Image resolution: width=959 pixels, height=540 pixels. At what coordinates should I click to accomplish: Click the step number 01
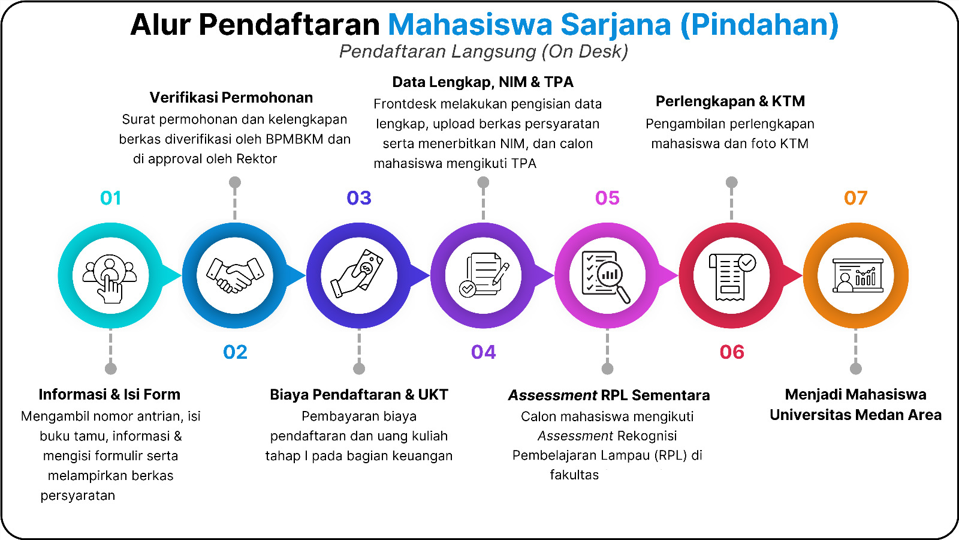click(x=110, y=198)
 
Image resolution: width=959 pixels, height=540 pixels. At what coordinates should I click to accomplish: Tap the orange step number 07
click(x=855, y=198)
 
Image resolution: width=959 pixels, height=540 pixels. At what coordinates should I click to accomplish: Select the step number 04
click(x=483, y=352)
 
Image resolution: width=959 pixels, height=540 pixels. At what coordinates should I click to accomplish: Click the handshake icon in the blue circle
click(x=235, y=275)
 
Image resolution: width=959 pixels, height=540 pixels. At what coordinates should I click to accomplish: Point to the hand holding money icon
click(x=357, y=274)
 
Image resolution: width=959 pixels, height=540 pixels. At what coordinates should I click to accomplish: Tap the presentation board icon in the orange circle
click(x=858, y=275)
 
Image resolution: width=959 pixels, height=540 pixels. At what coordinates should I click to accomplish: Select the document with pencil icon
click(x=484, y=274)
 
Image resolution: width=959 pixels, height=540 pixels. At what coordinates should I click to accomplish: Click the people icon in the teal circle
click(x=110, y=278)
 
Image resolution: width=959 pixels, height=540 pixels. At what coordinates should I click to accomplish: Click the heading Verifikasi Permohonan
click(x=231, y=98)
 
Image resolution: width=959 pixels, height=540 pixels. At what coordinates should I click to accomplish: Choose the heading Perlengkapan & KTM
click(x=731, y=101)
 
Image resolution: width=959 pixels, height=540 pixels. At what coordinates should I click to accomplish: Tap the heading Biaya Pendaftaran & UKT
click(x=359, y=395)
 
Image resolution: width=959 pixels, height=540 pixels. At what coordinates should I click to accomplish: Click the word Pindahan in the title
click(x=759, y=25)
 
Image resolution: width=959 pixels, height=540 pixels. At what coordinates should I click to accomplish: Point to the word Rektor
click(x=257, y=159)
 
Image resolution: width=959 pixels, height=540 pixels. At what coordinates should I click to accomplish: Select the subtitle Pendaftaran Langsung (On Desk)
click(x=484, y=52)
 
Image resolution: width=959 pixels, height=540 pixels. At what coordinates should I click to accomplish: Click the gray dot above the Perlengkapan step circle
click(x=732, y=182)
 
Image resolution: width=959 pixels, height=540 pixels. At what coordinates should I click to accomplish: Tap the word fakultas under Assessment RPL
click(x=574, y=475)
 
